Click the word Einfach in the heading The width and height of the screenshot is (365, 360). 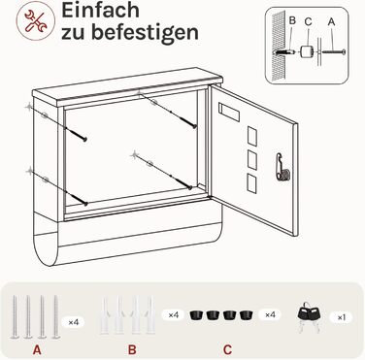click(x=100, y=11)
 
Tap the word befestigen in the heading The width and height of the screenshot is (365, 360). click(x=145, y=32)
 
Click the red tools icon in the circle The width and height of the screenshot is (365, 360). click(x=36, y=20)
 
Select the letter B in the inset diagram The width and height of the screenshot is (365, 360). click(x=292, y=20)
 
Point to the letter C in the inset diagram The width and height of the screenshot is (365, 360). click(x=308, y=21)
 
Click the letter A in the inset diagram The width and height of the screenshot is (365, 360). click(x=331, y=21)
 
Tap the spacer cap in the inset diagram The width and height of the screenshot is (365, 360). click(x=306, y=51)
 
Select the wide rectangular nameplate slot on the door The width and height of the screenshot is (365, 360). click(x=229, y=113)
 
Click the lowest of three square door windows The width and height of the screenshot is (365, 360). click(x=251, y=183)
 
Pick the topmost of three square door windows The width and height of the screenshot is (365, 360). click(x=252, y=136)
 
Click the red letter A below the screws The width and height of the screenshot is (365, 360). click(x=37, y=349)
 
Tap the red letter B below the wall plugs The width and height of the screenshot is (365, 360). click(x=132, y=349)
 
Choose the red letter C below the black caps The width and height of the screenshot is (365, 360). click(x=227, y=349)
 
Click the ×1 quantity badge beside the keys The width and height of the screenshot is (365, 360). click(x=342, y=317)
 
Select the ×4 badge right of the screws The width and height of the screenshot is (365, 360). click(x=74, y=322)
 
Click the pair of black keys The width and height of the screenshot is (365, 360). click(x=309, y=316)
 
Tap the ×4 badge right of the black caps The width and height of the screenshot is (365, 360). click(x=270, y=314)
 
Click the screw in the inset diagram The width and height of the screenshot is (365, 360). click(x=334, y=51)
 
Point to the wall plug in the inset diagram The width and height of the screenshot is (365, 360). click(x=285, y=51)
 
